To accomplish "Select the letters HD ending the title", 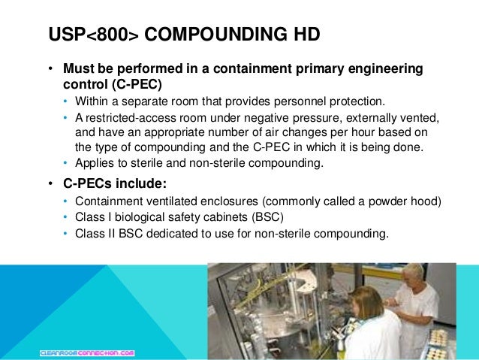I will [304, 35].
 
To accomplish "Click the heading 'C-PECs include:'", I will [110, 183].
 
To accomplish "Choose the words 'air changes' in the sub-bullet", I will [291, 132].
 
